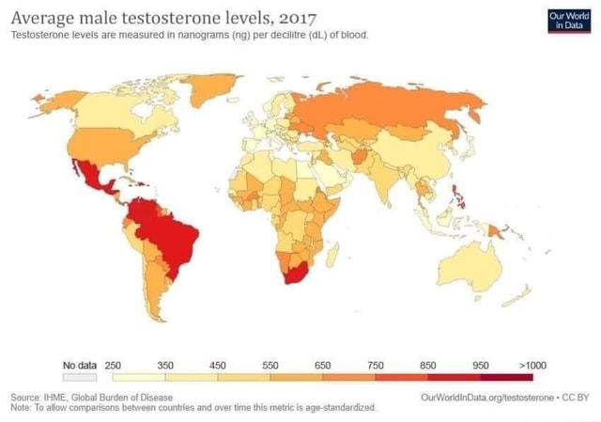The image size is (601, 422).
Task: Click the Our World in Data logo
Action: tap(568, 21)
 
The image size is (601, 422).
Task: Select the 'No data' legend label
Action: tap(81, 365)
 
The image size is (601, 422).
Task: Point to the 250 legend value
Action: tap(114, 365)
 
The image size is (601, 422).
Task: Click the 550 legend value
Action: tap(270, 365)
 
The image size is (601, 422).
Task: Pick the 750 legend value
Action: tap(376, 365)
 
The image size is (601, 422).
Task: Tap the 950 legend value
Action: tap(481, 365)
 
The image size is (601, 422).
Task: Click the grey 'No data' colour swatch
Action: tap(81, 376)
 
